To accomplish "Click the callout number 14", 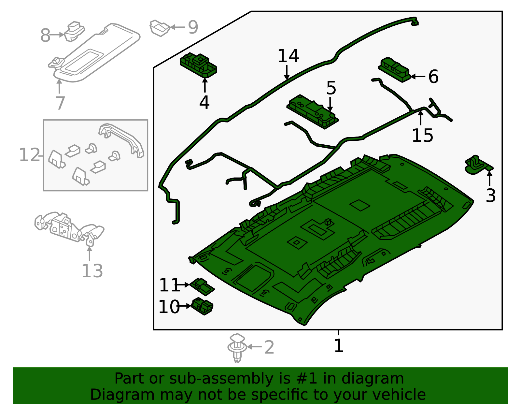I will coord(288,56).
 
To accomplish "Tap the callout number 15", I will coord(422,136).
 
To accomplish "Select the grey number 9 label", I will coord(193,27).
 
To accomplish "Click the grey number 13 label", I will coord(92,271).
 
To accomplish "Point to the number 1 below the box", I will coord(339,346).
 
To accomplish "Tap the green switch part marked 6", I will coord(394,69).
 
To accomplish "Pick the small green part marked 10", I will coord(202,306).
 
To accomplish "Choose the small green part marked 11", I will coord(202,286).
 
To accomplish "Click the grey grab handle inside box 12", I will coord(122,138).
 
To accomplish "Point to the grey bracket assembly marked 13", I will coord(68,226).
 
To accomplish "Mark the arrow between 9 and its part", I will coord(177,27).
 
